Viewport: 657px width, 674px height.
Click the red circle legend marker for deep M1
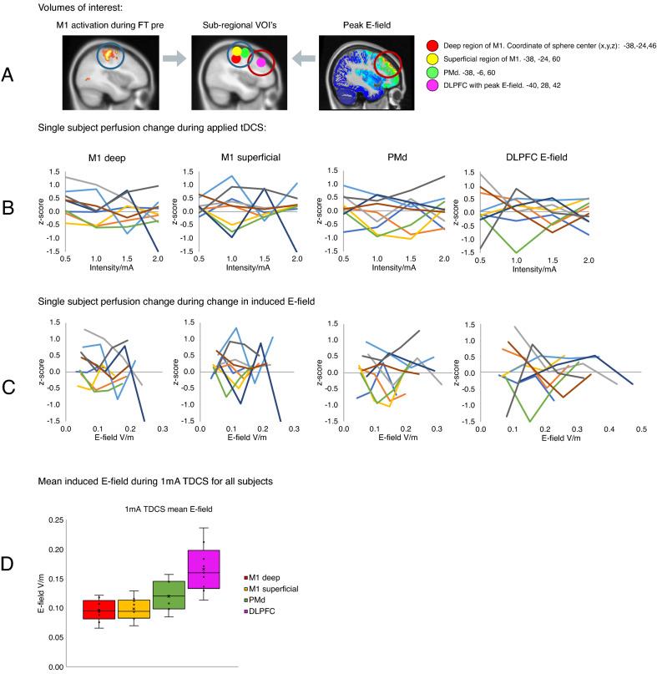tap(431, 44)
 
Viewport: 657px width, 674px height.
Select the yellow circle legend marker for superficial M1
tap(431, 59)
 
